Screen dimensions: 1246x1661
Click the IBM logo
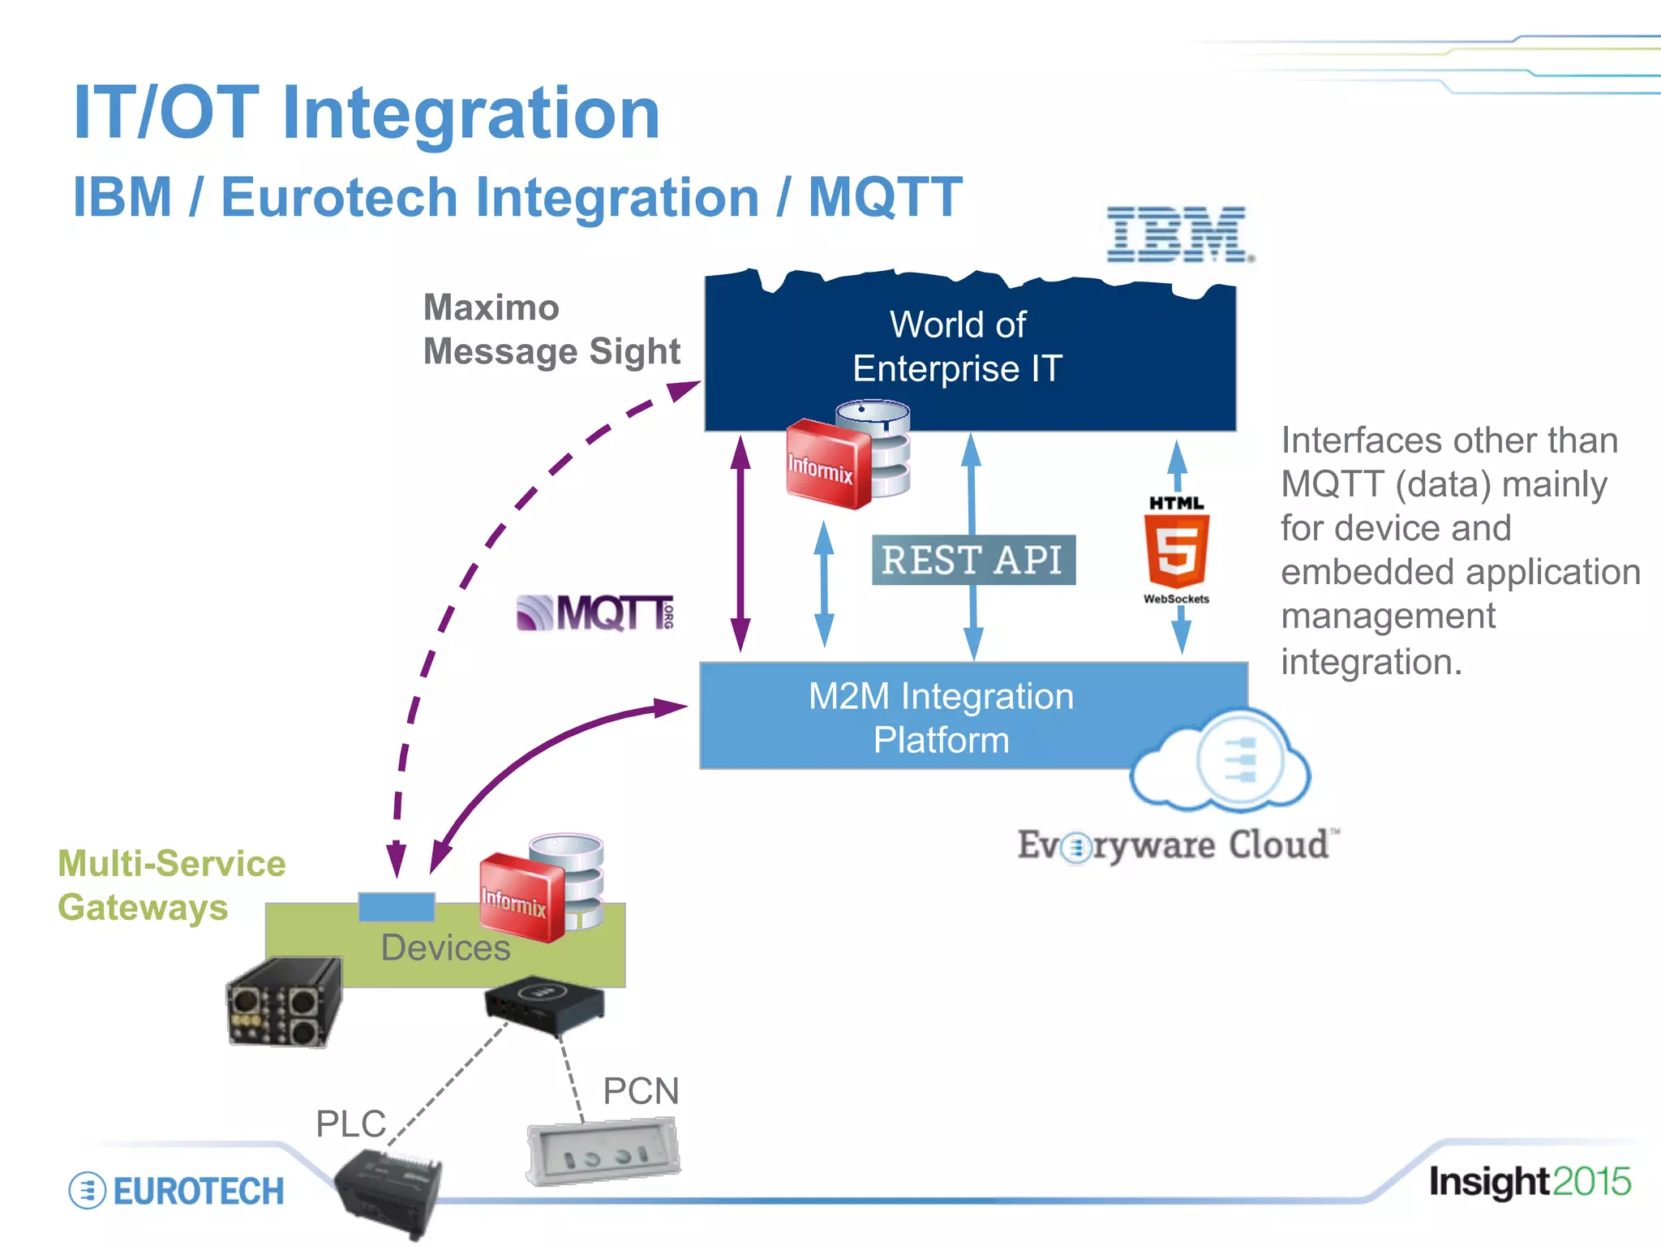1178,234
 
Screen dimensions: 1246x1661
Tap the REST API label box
973,560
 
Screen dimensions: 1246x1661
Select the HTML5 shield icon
1176,551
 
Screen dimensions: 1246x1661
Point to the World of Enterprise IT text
958,347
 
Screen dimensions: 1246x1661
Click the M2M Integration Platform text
941,718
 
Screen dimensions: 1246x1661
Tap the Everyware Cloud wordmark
1175,845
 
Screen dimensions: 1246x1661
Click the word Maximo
491,308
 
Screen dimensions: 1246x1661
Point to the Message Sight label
552,352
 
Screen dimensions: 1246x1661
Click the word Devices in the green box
445,947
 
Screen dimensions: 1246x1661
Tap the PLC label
350,1124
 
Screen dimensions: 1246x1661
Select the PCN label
641,1091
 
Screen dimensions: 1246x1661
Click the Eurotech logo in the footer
177,1191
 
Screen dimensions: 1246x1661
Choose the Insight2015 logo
1530,1182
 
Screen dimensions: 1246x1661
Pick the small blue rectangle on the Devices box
397,906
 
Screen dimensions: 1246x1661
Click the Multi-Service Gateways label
171,885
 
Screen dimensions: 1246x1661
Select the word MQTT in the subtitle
886,198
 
